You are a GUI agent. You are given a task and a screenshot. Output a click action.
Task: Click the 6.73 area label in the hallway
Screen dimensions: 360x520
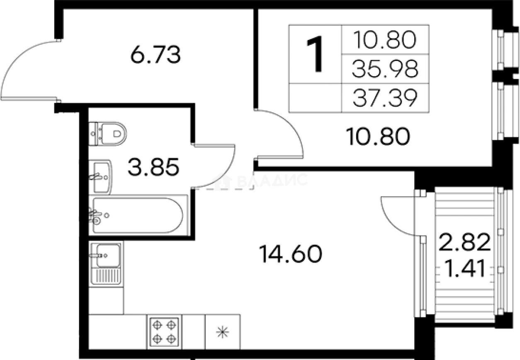pyautogui.click(x=155, y=55)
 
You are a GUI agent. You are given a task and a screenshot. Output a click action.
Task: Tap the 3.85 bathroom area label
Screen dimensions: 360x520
pyautogui.click(x=154, y=167)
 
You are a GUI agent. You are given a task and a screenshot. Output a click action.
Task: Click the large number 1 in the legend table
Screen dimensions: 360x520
pyautogui.click(x=316, y=54)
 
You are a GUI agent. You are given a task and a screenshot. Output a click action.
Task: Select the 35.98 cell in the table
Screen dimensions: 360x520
pyautogui.click(x=384, y=69)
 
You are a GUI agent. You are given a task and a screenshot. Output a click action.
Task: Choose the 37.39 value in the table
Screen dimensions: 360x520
pyautogui.click(x=384, y=99)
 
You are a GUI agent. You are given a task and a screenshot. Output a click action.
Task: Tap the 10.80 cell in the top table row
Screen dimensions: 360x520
pyautogui.click(x=384, y=40)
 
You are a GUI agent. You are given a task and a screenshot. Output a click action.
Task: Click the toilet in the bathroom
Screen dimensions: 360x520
pyautogui.click(x=109, y=133)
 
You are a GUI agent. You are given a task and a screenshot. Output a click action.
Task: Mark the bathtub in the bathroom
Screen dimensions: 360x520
pyautogui.click(x=137, y=215)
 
